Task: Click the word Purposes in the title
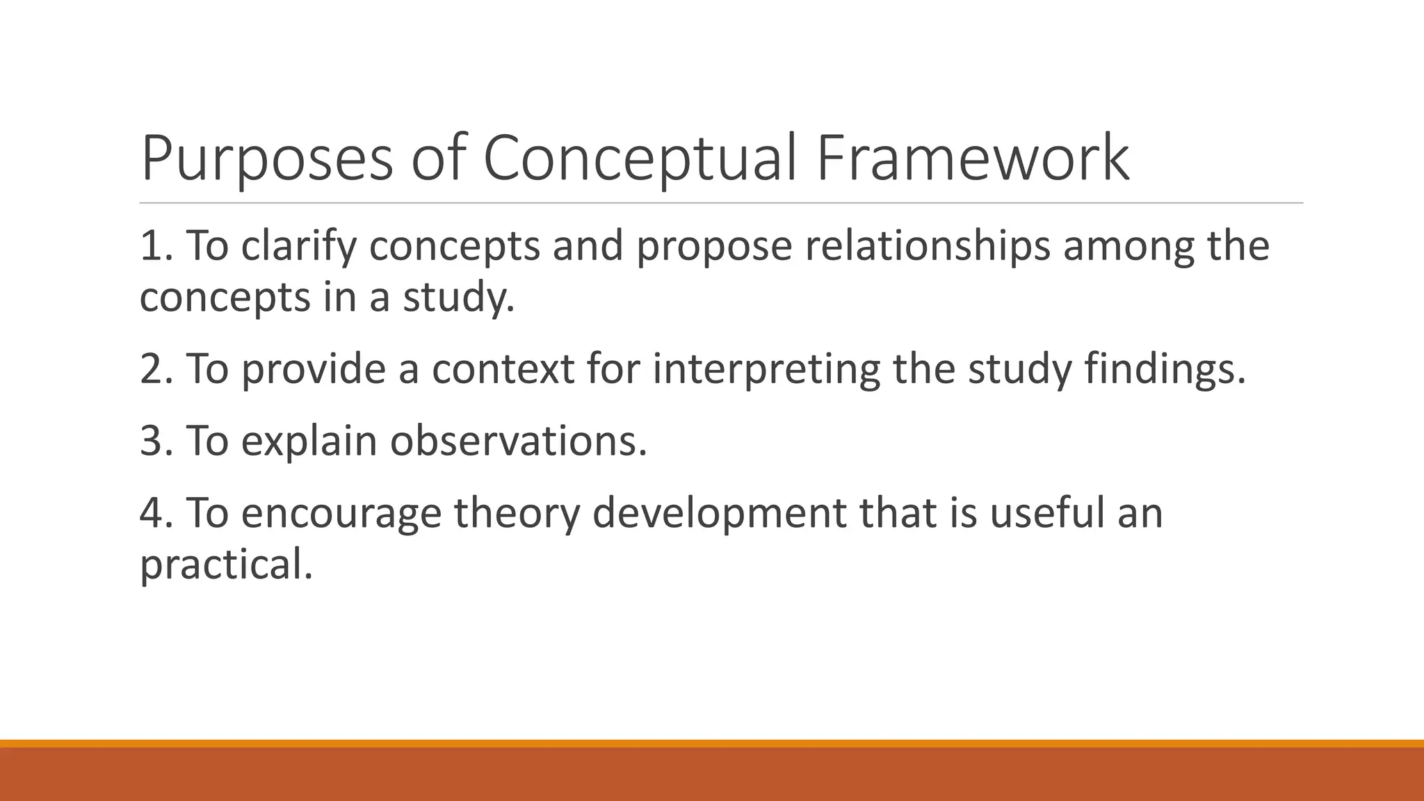click(x=267, y=160)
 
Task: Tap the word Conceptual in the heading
click(x=639, y=160)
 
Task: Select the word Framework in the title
click(x=973, y=160)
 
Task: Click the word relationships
click(x=928, y=246)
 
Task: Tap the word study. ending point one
click(x=459, y=298)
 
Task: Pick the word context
click(x=503, y=369)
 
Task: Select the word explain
click(x=309, y=442)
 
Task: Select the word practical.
click(x=226, y=565)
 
